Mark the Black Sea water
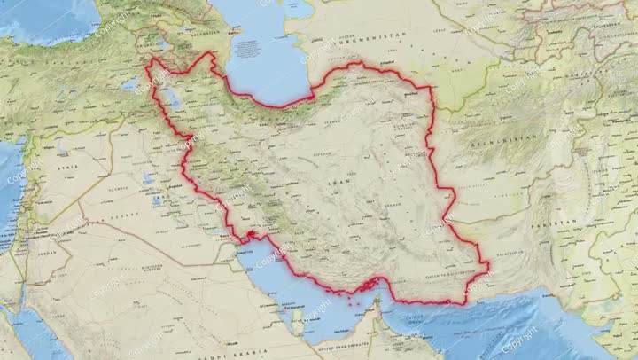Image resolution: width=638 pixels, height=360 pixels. (x=44, y=18)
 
